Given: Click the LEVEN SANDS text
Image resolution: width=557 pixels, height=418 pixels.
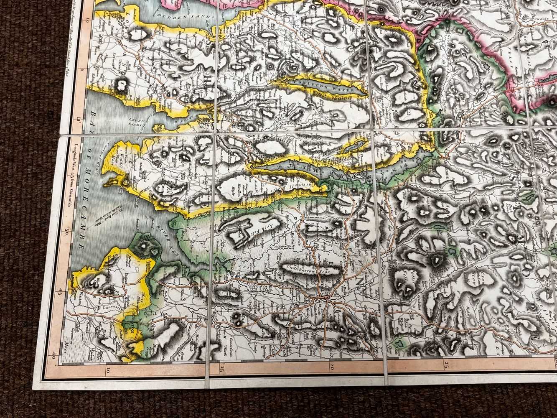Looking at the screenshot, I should (x=137, y=122).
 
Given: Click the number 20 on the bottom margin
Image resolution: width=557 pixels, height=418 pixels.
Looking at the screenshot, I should (x=331, y=367).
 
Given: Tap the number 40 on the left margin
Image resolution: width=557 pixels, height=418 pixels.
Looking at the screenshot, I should (x=55, y=354).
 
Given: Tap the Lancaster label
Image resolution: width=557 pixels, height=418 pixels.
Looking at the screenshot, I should (x=109, y=308).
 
